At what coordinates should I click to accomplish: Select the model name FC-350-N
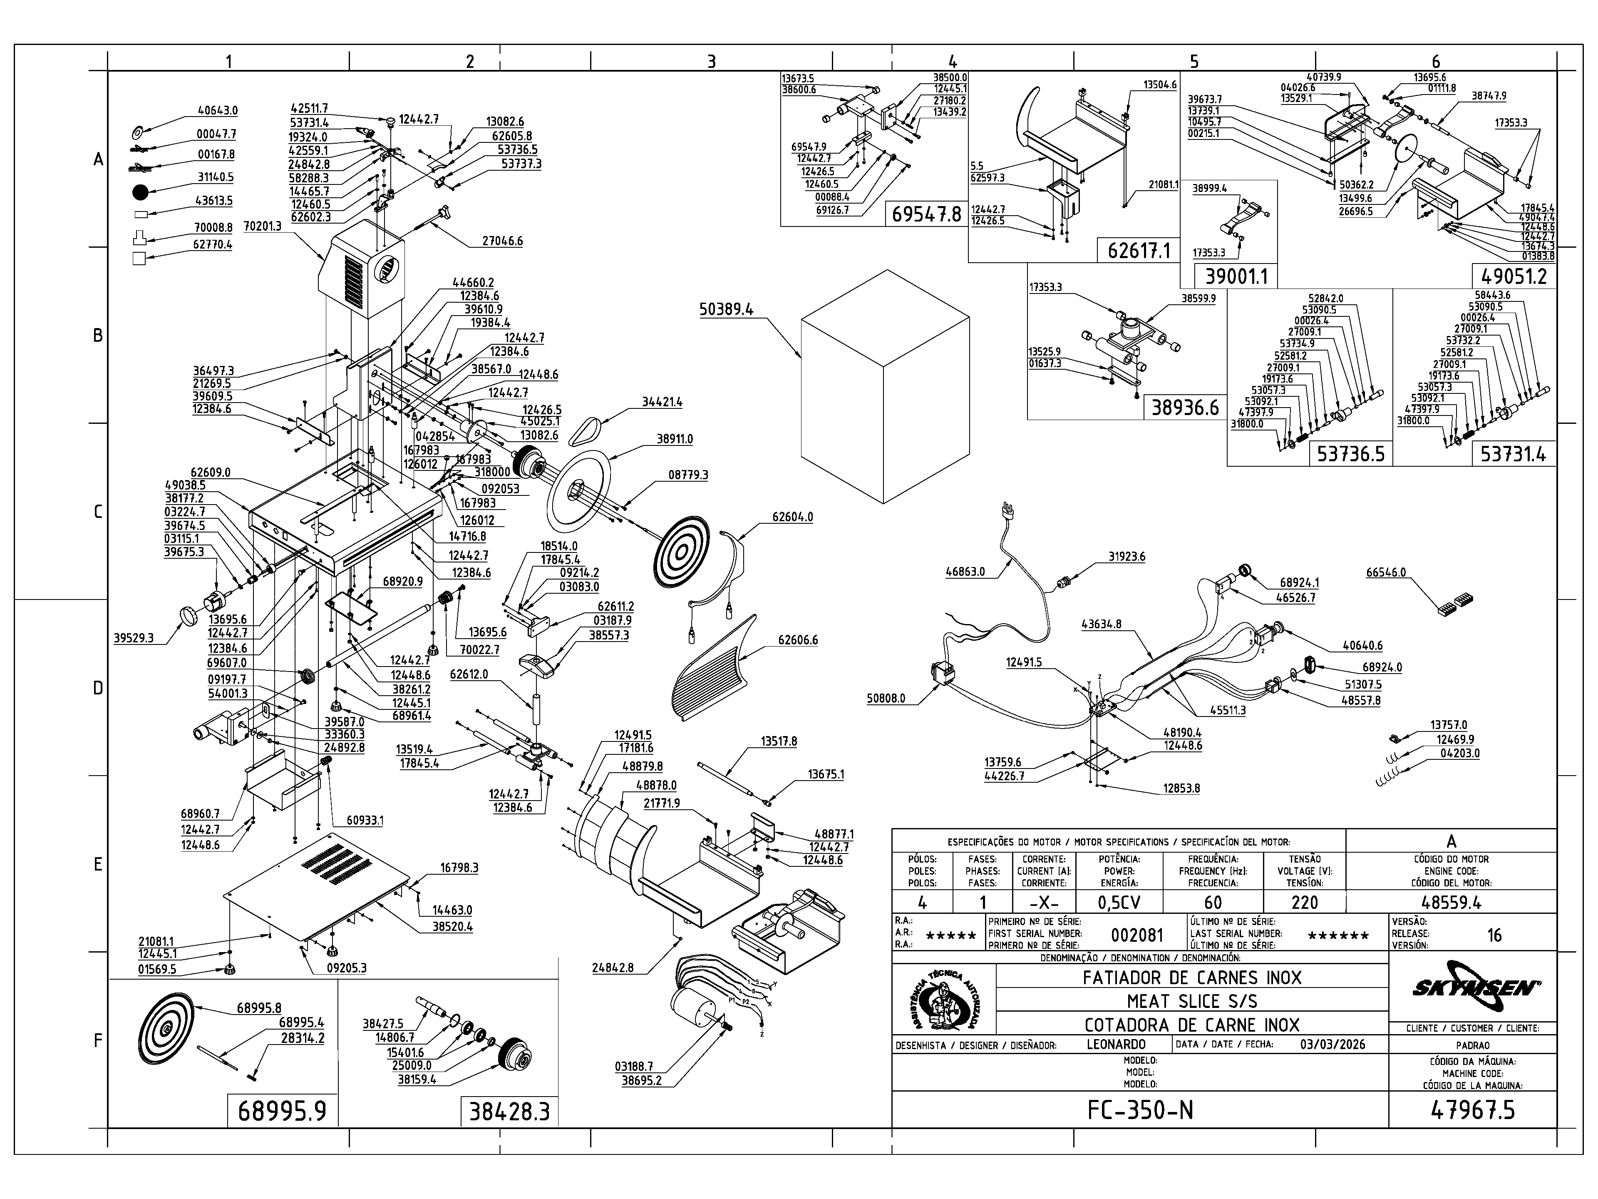(1140, 1109)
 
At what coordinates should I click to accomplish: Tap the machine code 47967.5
(1472, 1109)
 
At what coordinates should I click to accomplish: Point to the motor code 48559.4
(1451, 903)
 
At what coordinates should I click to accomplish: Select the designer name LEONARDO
(1116, 1044)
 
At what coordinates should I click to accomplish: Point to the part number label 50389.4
(726, 309)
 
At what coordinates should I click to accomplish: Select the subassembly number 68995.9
(283, 1111)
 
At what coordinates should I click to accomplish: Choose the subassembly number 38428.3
(509, 1111)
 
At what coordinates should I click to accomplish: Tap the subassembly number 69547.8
(927, 214)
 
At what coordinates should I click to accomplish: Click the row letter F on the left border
(98, 1041)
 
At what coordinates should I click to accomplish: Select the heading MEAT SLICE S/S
(1192, 1001)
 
